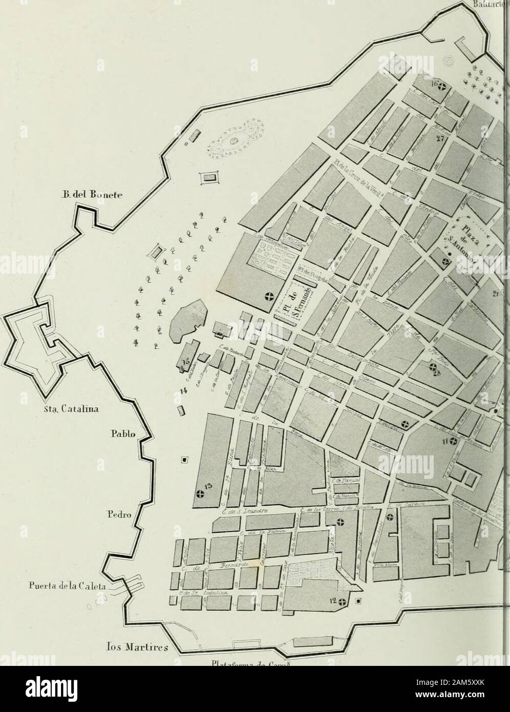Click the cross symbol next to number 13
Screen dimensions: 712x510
tap(200, 494)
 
